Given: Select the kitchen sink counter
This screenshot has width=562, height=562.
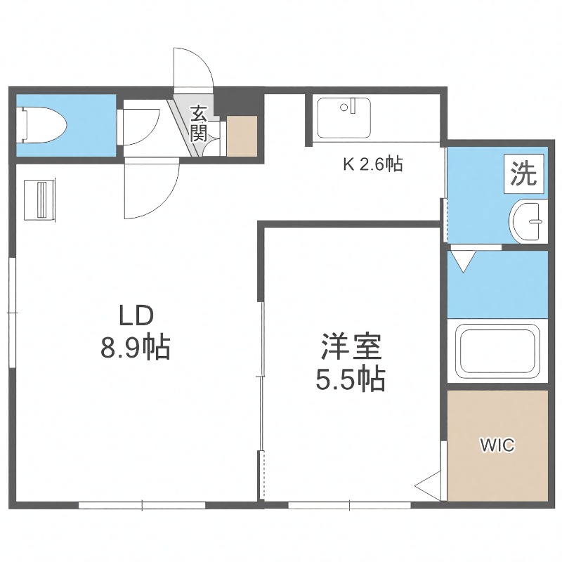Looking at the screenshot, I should click(x=344, y=118).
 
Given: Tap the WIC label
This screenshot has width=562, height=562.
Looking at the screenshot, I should click(x=497, y=445).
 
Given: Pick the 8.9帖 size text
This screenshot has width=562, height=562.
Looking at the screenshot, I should click(x=136, y=347).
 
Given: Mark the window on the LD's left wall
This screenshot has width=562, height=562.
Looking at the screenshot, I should click(x=11, y=313).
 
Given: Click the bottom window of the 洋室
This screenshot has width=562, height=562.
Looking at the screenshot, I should click(x=349, y=504).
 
